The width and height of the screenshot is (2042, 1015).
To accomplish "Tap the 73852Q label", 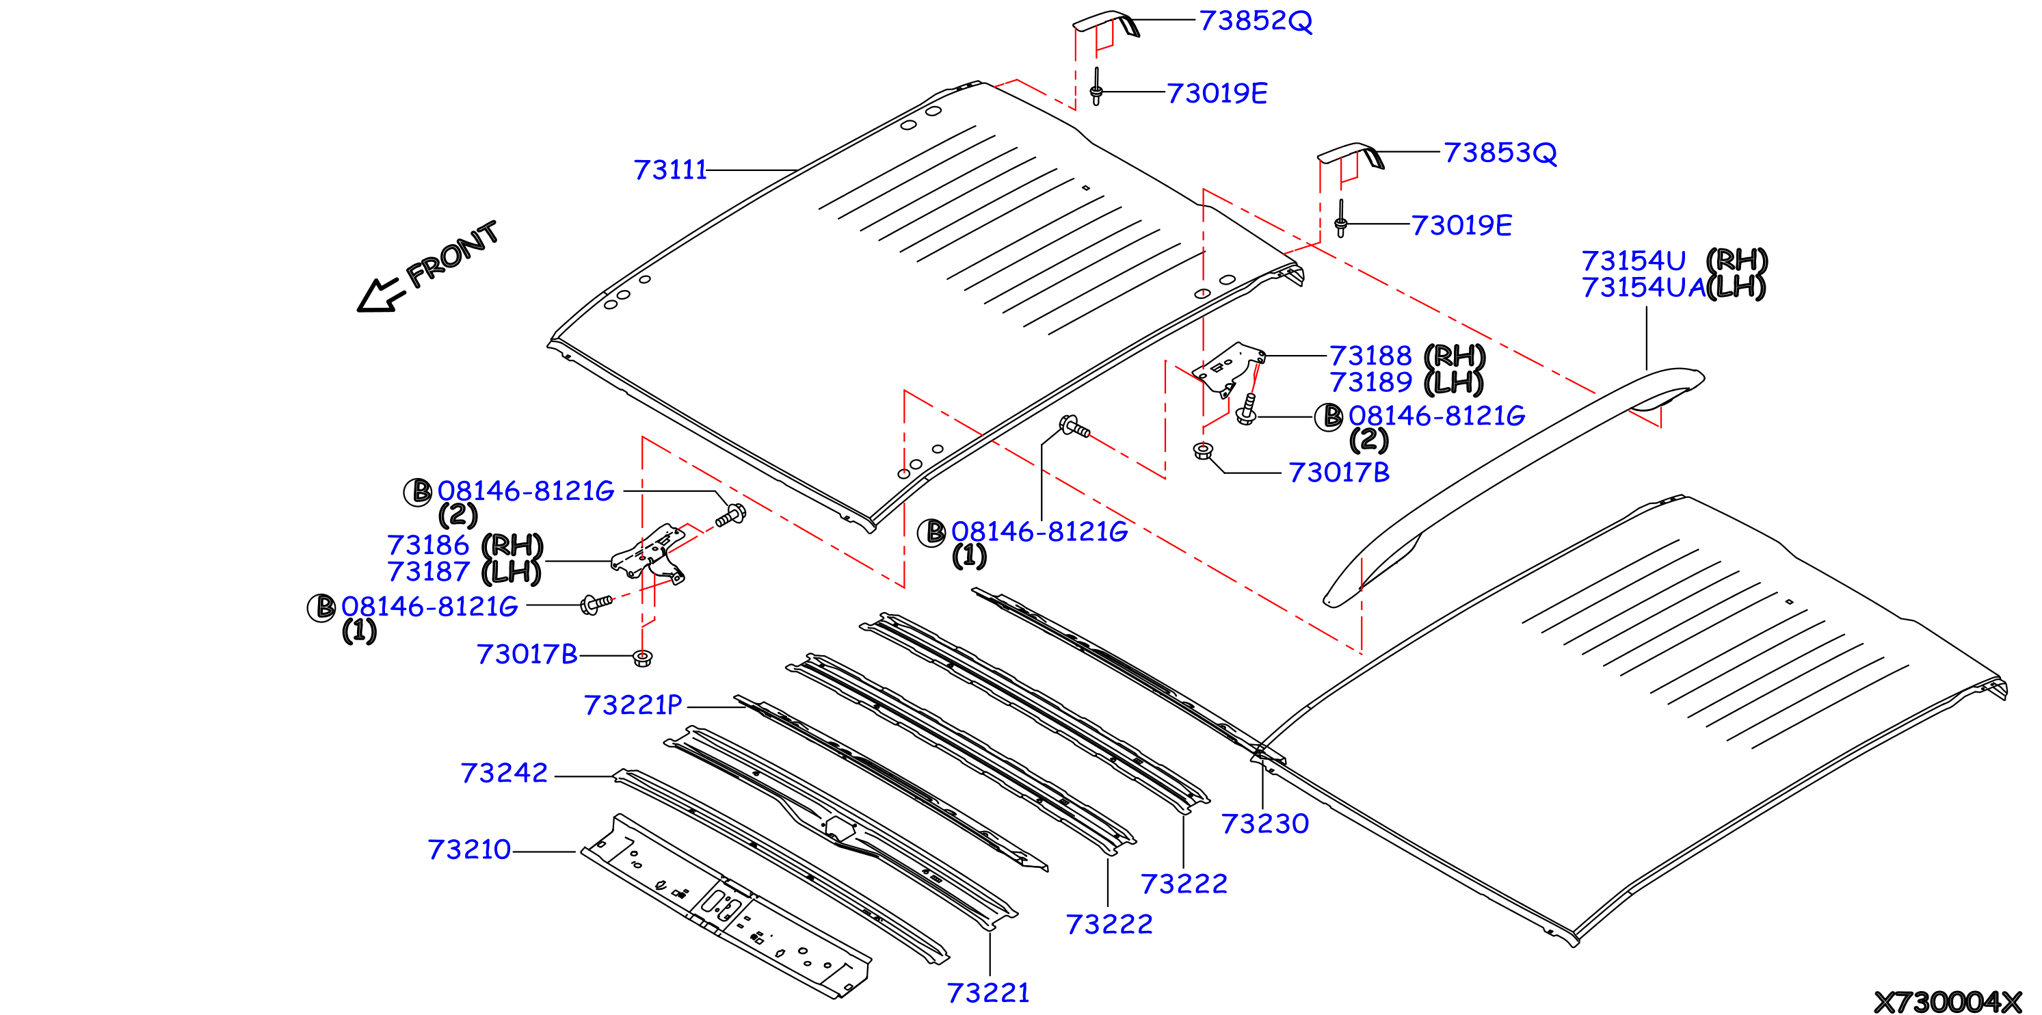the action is (1256, 21).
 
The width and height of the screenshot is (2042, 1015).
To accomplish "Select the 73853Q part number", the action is (1500, 153).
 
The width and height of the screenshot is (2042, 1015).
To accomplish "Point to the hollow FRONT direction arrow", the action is (380, 295).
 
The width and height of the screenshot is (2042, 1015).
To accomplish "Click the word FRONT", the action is (452, 254).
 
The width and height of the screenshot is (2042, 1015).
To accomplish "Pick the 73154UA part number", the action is (1643, 287).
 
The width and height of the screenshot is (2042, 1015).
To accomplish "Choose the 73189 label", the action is (1370, 382).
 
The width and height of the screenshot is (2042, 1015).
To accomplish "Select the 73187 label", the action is (428, 571).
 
